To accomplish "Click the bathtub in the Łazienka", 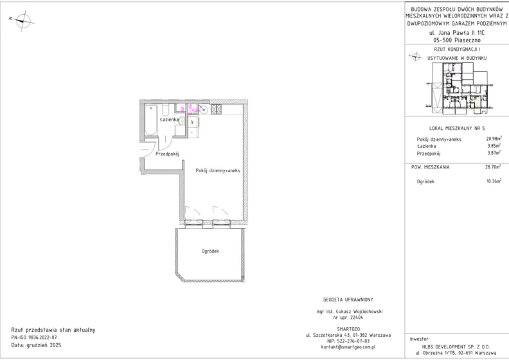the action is tap(150, 120).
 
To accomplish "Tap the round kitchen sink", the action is tap(204, 110).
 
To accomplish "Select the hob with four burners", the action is tap(217, 109).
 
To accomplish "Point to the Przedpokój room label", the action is tap(167, 154).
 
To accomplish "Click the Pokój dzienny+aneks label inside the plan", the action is tap(218, 170).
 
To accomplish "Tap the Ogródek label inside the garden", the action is tap(210, 251).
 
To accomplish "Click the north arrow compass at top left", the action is tap(22, 21).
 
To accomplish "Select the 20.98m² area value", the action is tap(494, 139).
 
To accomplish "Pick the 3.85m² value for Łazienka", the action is tap(494, 146).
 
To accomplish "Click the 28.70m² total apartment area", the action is tap(494, 167).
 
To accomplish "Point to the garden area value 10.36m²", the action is tap(494, 181).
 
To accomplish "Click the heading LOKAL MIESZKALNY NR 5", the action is tap(457, 128).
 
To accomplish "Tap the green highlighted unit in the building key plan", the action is tap(476, 104).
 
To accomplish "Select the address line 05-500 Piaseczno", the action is tap(457, 40).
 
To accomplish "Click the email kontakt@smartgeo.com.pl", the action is tap(348, 346).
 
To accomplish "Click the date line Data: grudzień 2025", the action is tap(36, 345).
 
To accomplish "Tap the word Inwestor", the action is tap(419, 339).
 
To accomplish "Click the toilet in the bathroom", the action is tap(165, 110).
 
